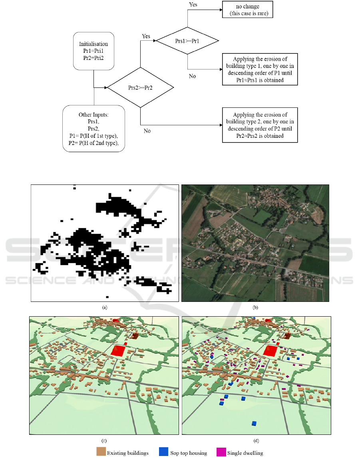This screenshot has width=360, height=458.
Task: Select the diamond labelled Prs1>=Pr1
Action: pyautogui.click(x=187, y=40)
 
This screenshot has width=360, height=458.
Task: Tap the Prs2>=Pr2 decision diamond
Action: pyautogui.click(x=140, y=87)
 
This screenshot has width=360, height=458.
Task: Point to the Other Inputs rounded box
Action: pyautogui.click(x=94, y=128)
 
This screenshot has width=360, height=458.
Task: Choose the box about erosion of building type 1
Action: pyautogui.click(x=260, y=69)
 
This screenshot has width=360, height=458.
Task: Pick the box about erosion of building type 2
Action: pyautogui.click(x=260, y=125)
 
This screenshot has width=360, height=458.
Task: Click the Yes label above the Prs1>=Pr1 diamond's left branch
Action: pyautogui.click(x=146, y=36)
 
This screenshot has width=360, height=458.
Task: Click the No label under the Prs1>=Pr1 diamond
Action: pyautogui.click(x=192, y=76)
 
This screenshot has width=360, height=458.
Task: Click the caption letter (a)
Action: pyautogui.click(x=105, y=307)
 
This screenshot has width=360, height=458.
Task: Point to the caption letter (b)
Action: pyautogui.click(x=255, y=307)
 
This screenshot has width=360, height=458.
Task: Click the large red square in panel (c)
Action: pyautogui.click(x=118, y=351)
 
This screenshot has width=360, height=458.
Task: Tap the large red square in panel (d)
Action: pyautogui.click(x=270, y=351)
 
